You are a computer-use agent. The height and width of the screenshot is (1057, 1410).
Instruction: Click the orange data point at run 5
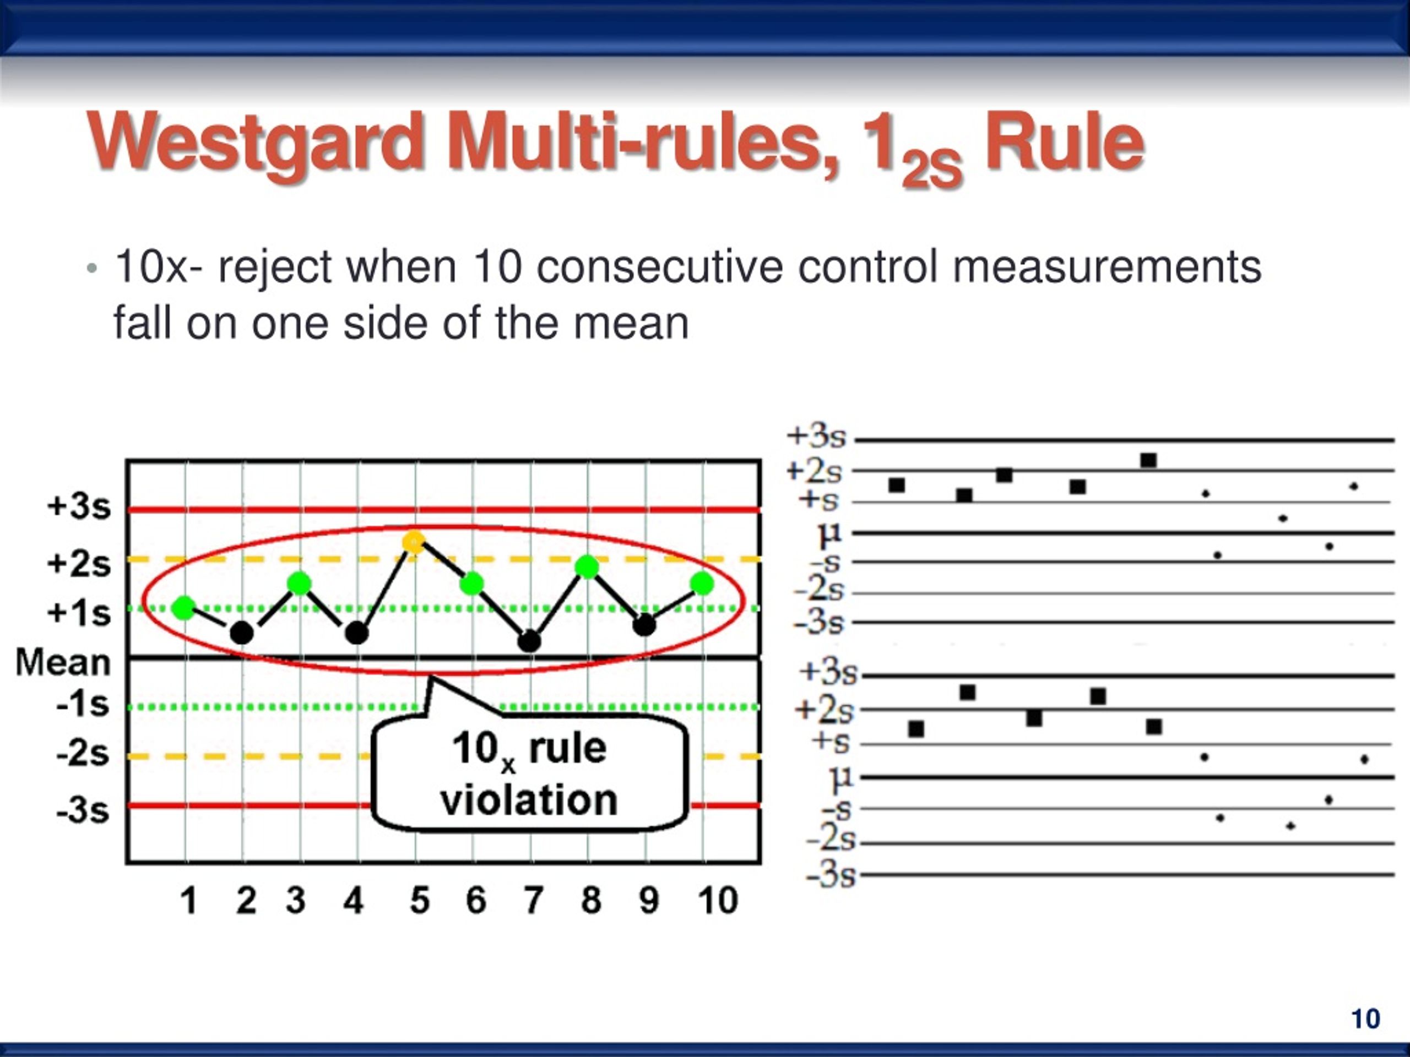click(414, 542)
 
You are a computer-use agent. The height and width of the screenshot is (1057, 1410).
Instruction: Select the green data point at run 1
click(184, 608)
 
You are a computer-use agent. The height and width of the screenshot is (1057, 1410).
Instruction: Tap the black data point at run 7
click(529, 641)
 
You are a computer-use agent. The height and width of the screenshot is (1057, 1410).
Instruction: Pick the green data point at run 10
click(702, 583)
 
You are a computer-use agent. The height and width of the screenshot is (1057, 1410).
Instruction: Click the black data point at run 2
click(242, 633)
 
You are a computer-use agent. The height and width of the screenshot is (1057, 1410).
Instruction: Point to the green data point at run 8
click(587, 566)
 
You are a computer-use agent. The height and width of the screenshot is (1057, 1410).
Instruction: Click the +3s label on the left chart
click(78, 507)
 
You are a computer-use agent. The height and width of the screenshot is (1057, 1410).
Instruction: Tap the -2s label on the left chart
click(82, 754)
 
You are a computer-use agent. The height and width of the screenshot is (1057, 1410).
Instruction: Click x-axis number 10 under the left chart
click(718, 900)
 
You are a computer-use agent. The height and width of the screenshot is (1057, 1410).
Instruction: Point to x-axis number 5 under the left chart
click(420, 900)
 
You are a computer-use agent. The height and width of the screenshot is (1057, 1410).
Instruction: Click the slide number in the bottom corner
click(1365, 1019)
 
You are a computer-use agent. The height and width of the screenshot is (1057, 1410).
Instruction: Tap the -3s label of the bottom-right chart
click(831, 876)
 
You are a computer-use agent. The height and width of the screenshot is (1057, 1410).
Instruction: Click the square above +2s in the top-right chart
click(1148, 460)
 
